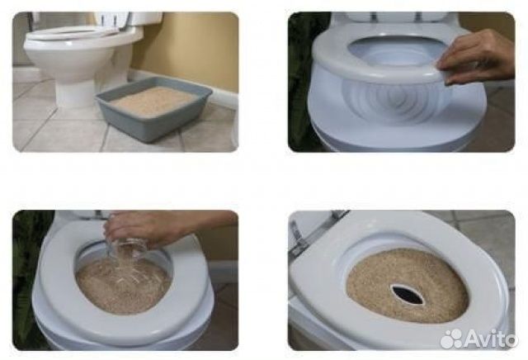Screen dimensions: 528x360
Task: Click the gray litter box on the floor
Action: [153, 108]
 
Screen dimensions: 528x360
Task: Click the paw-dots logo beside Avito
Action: [452, 339]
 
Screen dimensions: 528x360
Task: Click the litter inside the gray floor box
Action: [153, 99]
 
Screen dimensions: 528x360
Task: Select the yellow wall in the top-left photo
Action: [189, 47]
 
